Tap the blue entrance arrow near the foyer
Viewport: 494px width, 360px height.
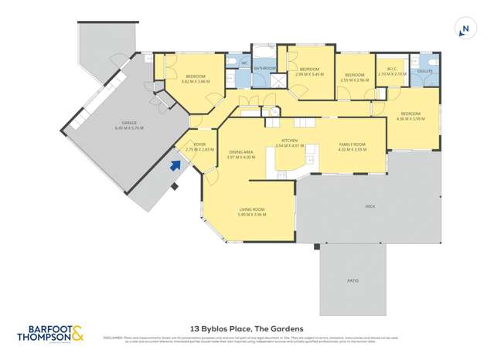click(x=175, y=164)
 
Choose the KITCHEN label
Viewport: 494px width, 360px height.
click(x=289, y=141)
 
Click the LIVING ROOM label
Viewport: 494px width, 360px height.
click(x=251, y=210)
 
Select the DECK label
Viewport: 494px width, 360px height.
click(x=370, y=207)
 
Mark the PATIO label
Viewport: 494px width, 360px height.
click(x=353, y=280)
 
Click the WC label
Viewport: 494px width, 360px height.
click(x=244, y=62)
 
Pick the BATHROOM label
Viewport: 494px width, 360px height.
click(x=265, y=69)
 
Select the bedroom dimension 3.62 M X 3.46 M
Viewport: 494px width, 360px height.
click(x=196, y=81)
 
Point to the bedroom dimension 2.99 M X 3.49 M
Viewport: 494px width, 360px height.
click(x=310, y=74)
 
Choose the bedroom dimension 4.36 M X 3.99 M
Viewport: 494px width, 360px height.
click(x=411, y=119)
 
